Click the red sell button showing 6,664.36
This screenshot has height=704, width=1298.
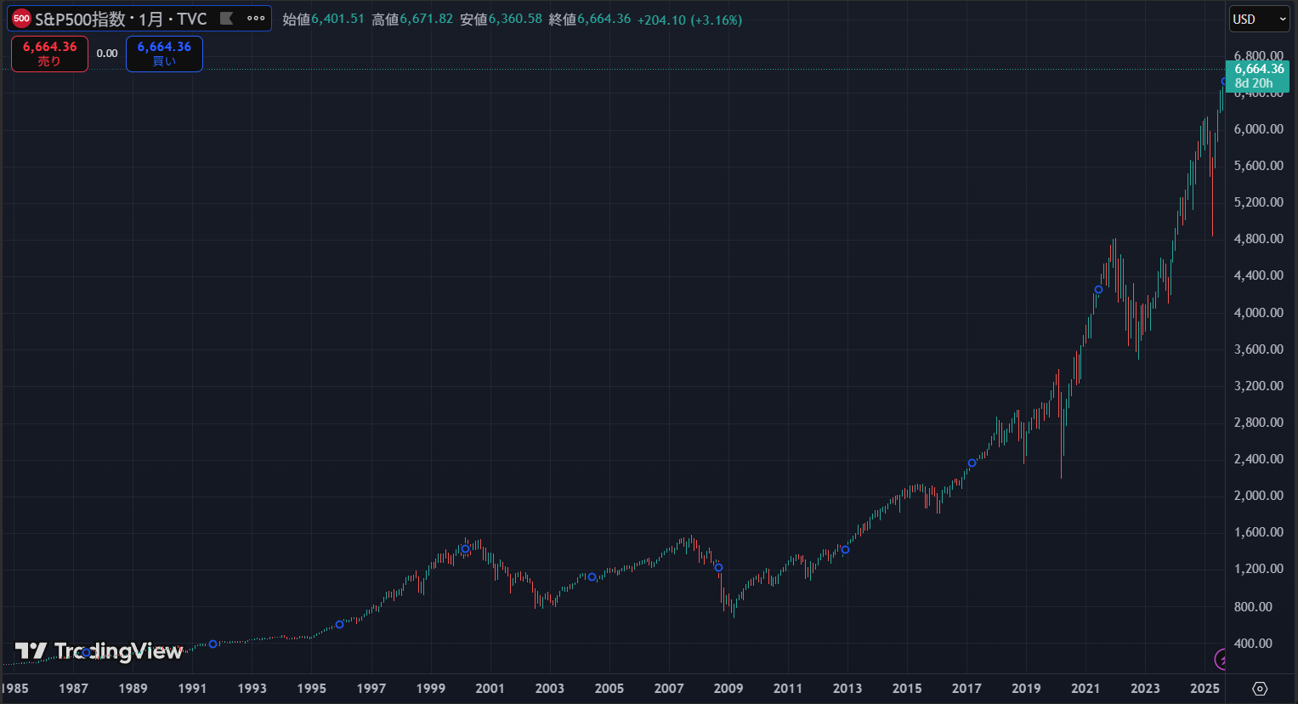[x=49, y=54]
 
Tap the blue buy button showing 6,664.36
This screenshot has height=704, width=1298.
[x=164, y=54]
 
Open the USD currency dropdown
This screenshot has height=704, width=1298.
[x=1259, y=20]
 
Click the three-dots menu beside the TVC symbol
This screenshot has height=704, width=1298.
[x=256, y=18]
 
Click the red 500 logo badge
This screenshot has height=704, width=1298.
[x=21, y=19]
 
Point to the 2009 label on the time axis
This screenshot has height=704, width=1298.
[x=728, y=688]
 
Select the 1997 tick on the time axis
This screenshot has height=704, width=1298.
[x=371, y=688]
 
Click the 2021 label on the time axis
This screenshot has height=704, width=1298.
[x=1085, y=688]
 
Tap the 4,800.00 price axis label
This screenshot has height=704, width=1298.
[x=1258, y=239]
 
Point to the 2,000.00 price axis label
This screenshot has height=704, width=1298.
[x=1258, y=496]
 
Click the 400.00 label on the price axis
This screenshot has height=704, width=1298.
[x=1252, y=644]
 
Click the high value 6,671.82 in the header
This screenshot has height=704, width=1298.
[x=427, y=19]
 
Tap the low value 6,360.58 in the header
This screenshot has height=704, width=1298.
[x=515, y=19]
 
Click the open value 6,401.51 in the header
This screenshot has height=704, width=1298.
[x=337, y=19]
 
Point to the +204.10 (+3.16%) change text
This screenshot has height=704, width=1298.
[x=689, y=20]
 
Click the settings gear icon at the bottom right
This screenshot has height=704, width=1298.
[x=1260, y=688]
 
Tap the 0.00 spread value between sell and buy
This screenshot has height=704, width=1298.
[x=107, y=54]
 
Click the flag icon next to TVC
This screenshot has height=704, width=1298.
[x=227, y=18]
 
